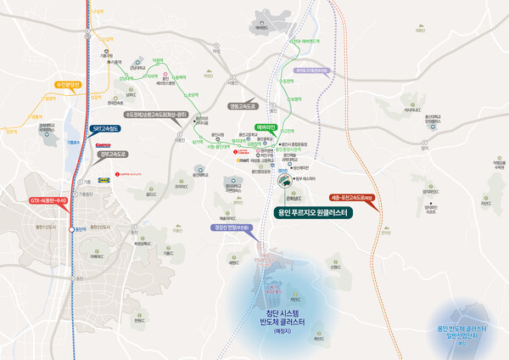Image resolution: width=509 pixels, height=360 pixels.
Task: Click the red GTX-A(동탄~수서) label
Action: (x=46, y=201)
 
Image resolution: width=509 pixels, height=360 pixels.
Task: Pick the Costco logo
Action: (x=101, y=144)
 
